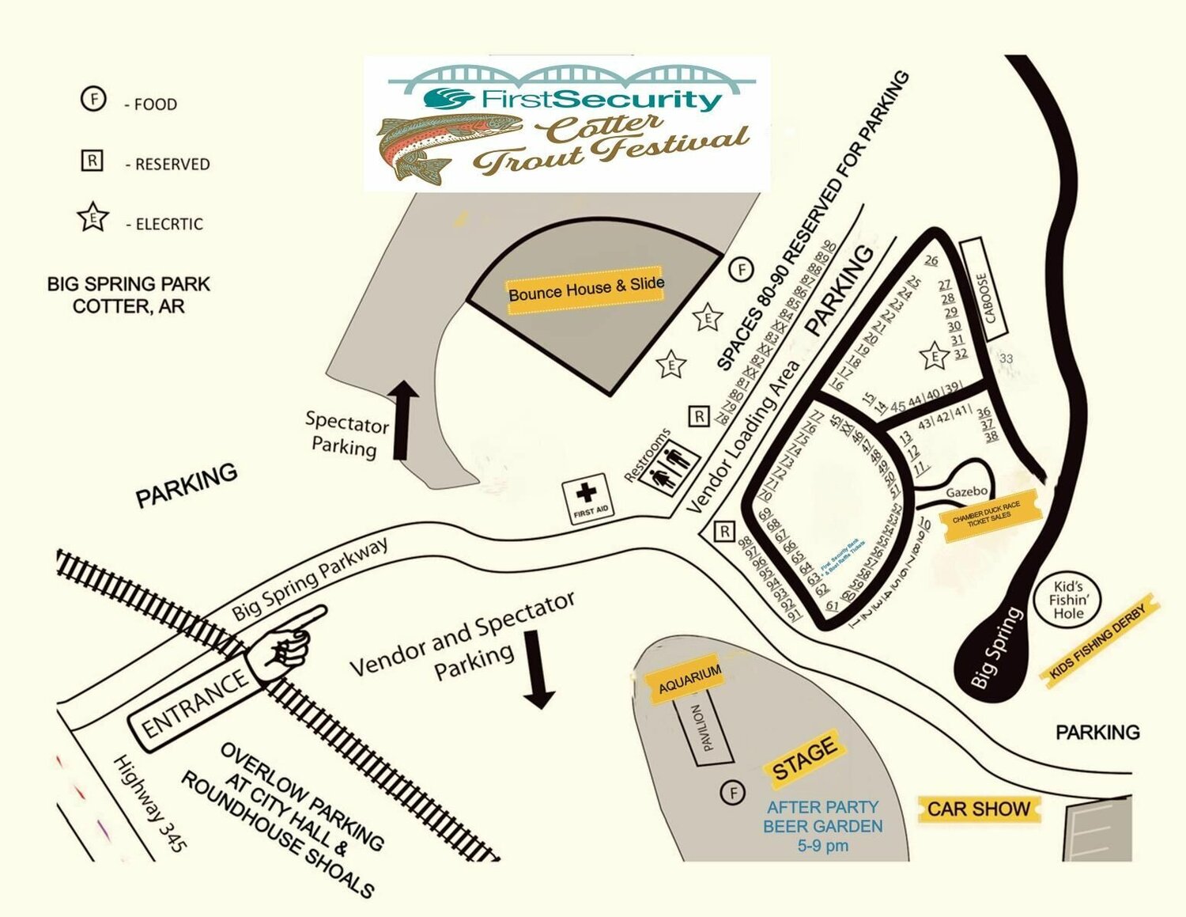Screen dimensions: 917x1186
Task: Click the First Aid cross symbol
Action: click(586, 494)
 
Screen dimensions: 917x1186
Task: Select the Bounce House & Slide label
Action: click(585, 290)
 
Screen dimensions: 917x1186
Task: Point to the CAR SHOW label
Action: click(979, 809)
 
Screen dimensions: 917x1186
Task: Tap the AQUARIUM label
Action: click(689, 678)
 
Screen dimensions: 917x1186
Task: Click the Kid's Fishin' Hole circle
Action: click(1068, 601)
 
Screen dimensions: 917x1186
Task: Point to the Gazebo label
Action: click(966, 492)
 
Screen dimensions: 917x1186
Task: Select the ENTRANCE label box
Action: click(195, 702)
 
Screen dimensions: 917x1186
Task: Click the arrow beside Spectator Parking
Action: click(403, 419)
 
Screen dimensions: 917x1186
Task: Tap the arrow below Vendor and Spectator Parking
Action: click(539, 668)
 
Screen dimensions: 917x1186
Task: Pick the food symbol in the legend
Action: click(93, 100)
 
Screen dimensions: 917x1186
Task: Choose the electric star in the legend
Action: click(93, 218)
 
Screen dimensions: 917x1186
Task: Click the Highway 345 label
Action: click(151, 803)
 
